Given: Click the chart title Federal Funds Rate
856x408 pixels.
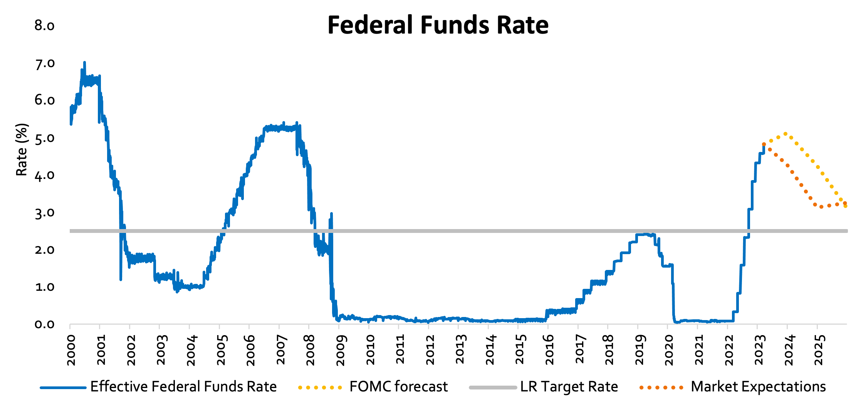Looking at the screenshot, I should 438,25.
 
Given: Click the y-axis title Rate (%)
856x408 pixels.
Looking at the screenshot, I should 22,150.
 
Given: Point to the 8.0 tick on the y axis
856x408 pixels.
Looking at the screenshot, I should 44,26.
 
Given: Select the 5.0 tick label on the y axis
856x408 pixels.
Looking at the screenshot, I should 44,138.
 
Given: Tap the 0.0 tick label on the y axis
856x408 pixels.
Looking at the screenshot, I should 44,324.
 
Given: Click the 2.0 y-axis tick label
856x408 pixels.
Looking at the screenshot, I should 44,250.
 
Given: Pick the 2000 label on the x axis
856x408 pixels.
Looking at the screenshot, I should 71,350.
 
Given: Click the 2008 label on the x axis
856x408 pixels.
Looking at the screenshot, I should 311,350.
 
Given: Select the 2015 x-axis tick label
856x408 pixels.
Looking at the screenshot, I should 520,350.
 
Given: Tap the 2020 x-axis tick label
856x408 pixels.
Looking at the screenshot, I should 669,350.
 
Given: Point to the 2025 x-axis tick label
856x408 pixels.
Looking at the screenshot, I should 819,350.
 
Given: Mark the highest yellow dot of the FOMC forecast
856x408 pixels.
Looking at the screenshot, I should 785,134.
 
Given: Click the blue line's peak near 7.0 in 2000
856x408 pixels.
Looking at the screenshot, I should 84,62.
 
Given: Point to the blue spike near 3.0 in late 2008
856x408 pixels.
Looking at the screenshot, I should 331,214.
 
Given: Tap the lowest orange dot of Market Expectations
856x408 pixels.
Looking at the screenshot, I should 821,207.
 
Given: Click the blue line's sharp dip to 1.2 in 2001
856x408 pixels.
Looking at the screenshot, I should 121,279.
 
